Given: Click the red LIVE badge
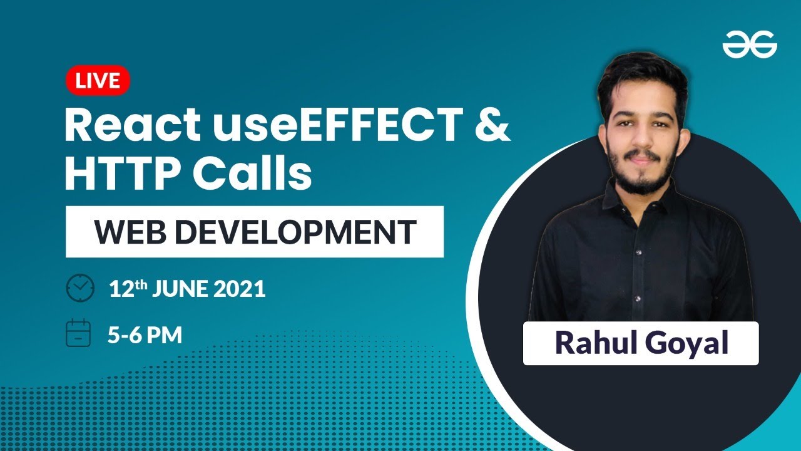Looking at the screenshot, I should [98, 81].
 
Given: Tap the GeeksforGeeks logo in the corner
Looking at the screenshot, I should [749, 45].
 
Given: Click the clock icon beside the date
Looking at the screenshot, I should [79, 288].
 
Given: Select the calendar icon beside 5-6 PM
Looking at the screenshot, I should [79, 333].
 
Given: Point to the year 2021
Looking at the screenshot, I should [241, 289].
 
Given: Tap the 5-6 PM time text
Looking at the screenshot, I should [145, 336].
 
